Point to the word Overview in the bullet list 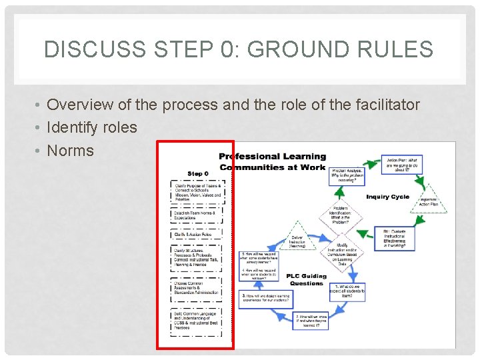pyautogui.click(x=79, y=105)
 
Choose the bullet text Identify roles pyautogui.click(x=92, y=127)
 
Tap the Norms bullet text pyautogui.click(x=71, y=151)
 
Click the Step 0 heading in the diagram pyautogui.click(x=198, y=173)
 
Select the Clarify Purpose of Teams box pyautogui.click(x=197, y=191)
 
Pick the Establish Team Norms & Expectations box pyautogui.click(x=197, y=215)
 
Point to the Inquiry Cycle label pyautogui.click(x=387, y=197)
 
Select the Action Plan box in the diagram pyautogui.click(x=403, y=164)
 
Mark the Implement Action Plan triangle pyautogui.click(x=428, y=201)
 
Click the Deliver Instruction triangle pyautogui.click(x=297, y=241)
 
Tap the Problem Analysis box pyautogui.click(x=347, y=177)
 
